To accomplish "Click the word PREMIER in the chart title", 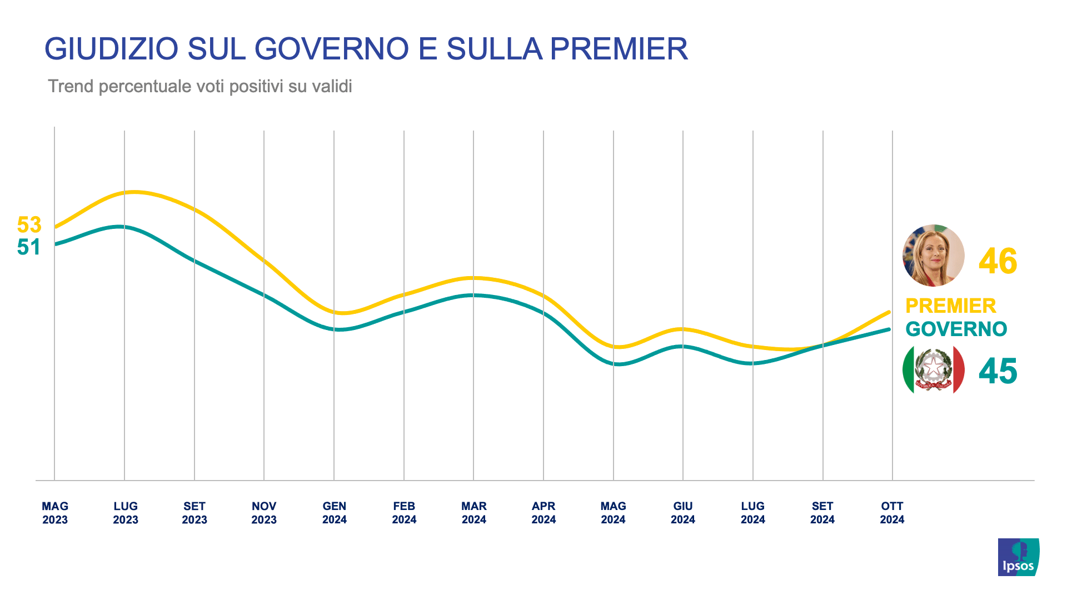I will [x=619, y=49].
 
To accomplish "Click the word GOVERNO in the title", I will [x=331, y=49].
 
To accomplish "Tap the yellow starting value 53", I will [x=29, y=225].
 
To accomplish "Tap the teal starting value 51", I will [x=29, y=247].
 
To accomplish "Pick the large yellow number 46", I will [x=998, y=261].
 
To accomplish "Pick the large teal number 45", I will [x=998, y=371].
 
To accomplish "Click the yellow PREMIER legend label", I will [x=950, y=306].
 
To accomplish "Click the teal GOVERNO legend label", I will [x=956, y=329].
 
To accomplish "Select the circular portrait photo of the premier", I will [x=934, y=256].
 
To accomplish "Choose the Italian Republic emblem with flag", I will [x=934, y=369].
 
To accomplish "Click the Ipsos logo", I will [x=1018, y=557].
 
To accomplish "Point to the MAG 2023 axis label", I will [x=55, y=513].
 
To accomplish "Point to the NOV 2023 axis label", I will [x=264, y=513].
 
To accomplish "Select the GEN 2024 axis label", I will [x=334, y=513].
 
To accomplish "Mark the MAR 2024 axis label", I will [x=474, y=513].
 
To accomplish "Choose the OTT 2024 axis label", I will [x=892, y=513].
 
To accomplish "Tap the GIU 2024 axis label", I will [x=683, y=513].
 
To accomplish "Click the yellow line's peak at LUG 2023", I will [x=132, y=192].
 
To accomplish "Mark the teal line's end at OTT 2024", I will [x=890, y=329].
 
